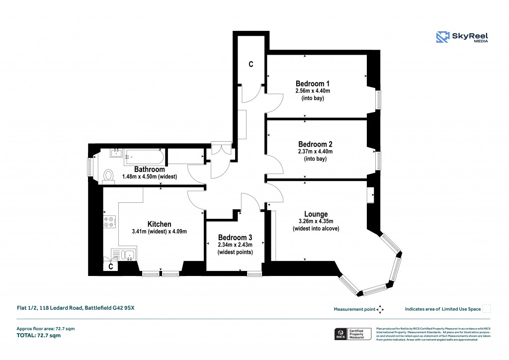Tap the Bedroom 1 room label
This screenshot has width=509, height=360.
312,83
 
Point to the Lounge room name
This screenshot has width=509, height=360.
316,214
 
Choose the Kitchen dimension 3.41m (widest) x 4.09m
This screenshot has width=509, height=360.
159,231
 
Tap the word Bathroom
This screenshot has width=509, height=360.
149,170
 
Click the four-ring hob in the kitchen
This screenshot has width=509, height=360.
109,221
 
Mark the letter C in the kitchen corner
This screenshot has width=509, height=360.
111,267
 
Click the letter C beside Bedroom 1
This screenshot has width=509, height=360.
251,64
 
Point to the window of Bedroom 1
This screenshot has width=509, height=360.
378,99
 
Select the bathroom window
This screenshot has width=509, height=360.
90,167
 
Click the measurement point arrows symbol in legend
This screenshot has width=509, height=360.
380,309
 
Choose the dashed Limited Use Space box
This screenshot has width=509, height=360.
487,309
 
